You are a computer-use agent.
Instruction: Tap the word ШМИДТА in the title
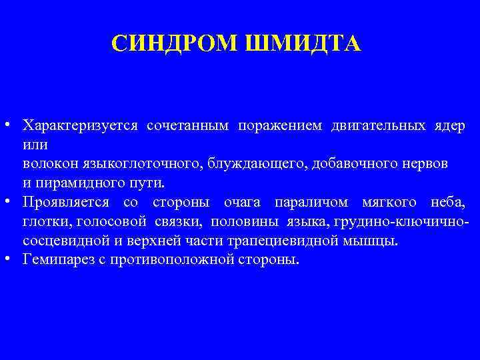point(304,43)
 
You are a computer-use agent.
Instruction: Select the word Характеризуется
point(80,125)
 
